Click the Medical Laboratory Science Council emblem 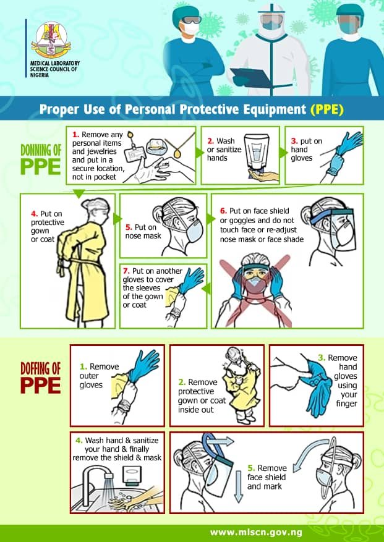[x=51, y=40]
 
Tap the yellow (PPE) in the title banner [x=327, y=109]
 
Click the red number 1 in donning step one [x=76, y=135]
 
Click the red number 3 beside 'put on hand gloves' [x=294, y=141]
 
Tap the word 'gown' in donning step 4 [x=40, y=231]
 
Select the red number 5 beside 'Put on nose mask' [x=129, y=227]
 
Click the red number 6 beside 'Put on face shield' [x=223, y=211]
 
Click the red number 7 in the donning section [x=126, y=271]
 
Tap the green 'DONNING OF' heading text [x=41, y=150]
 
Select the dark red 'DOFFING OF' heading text [x=40, y=368]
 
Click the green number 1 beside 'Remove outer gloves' [x=83, y=366]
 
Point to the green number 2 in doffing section [x=182, y=382]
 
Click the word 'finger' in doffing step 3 [x=346, y=404]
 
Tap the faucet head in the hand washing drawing [x=109, y=476]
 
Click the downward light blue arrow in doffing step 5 [x=239, y=486]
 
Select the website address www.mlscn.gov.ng [x=256, y=533]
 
